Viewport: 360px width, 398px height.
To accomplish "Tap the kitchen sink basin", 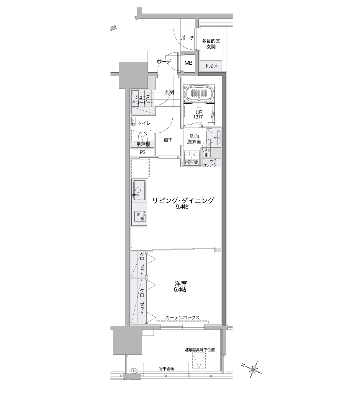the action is click(139, 190).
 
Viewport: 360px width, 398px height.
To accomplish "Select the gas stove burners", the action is click(140, 216).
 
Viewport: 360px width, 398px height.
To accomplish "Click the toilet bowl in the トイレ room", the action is click(142, 137).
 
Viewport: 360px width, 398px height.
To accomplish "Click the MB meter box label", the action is click(188, 63).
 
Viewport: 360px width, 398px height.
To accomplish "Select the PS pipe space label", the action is click(143, 152).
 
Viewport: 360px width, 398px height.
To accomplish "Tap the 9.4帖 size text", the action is click(182, 207).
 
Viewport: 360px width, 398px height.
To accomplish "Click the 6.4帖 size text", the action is click(180, 290).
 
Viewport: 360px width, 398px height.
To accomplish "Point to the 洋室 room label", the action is click(181, 284).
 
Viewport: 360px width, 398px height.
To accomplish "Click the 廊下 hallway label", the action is click(168, 140).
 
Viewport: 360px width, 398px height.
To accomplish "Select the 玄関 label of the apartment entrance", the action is click(169, 92).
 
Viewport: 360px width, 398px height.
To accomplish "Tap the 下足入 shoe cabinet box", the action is click(211, 66).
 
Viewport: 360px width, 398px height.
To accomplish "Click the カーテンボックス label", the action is click(182, 318).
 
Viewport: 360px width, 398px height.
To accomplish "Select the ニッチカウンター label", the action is click(211, 163).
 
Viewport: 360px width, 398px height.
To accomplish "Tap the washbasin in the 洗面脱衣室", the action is click(217, 137).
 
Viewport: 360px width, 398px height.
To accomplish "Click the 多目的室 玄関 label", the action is click(211, 44).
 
